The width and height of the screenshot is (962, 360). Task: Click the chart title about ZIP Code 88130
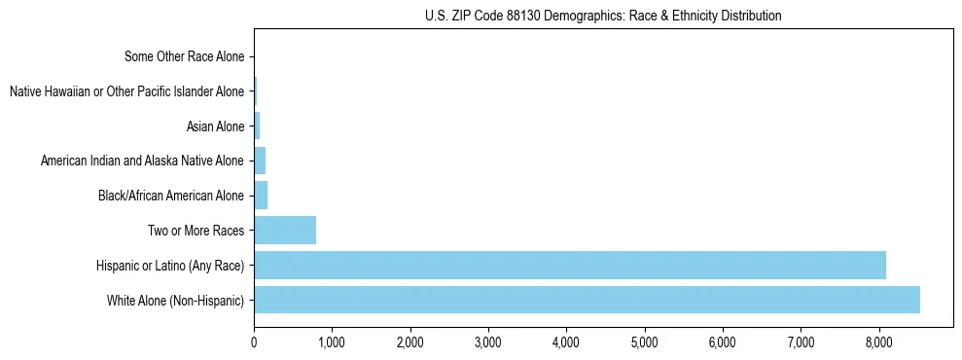click(x=603, y=16)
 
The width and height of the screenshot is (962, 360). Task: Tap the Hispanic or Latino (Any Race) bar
click(x=570, y=265)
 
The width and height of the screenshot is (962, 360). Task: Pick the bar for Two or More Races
click(x=285, y=231)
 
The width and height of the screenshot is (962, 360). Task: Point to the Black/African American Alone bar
click(x=261, y=196)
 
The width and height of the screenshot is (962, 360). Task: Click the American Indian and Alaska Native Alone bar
click(x=260, y=161)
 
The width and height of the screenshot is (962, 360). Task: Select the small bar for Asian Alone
click(x=257, y=126)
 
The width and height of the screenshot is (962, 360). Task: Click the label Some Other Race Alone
click(x=184, y=56)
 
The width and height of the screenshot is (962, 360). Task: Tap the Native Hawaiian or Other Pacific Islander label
click(x=126, y=91)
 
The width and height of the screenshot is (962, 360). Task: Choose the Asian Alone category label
click(x=215, y=126)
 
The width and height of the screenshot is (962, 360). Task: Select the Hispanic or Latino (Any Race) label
click(x=170, y=266)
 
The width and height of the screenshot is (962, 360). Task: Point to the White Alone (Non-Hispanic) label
click(x=175, y=301)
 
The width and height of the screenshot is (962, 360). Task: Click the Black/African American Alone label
click(x=170, y=196)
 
